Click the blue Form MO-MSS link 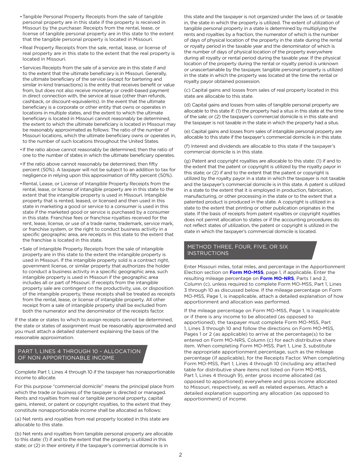(x=246, y=272)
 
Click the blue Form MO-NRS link (x=277, y=278)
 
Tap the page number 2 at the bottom (x=180, y=455)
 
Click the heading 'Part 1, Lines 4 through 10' (x=79, y=354)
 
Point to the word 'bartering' (x=141, y=79)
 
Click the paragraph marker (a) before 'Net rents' (x=18, y=419)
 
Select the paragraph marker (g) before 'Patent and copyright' (x=187, y=161)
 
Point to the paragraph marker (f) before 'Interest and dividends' (x=187, y=146)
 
